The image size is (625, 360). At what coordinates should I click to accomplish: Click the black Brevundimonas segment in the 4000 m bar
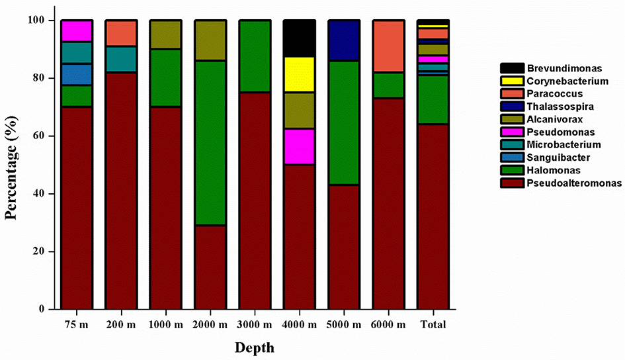tap(299, 38)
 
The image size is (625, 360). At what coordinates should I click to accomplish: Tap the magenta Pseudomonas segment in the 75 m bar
tap(76, 31)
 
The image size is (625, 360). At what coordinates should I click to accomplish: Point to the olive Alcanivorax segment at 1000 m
tap(165, 34)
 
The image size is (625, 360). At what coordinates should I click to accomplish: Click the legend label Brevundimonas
tap(560, 68)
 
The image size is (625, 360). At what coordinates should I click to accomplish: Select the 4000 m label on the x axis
tap(299, 325)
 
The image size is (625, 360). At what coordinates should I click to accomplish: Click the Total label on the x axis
tap(433, 325)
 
